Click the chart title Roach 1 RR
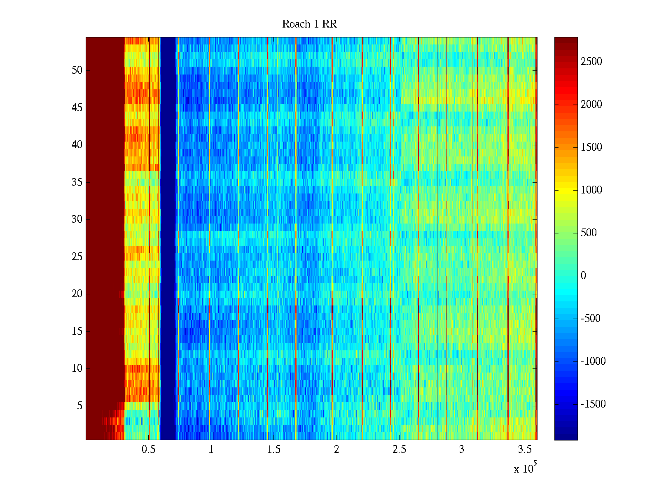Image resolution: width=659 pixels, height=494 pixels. (309, 24)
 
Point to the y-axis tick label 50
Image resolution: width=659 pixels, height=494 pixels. (77, 70)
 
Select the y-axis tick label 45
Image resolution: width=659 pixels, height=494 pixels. (77, 108)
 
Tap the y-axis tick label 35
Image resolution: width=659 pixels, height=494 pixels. (77, 182)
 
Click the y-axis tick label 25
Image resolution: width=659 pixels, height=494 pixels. (77, 257)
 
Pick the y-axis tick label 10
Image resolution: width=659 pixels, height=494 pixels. (77, 368)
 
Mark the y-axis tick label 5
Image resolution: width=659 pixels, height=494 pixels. (79, 406)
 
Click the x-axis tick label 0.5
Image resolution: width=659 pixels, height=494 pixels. (148, 450)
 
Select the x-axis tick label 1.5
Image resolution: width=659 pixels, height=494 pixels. (273, 450)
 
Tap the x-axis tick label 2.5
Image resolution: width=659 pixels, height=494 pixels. (399, 450)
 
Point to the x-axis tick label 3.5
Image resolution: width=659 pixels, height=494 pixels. (524, 450)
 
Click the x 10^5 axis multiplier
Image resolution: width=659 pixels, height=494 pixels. (525, 468)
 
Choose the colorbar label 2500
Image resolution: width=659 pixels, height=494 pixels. (591, 62)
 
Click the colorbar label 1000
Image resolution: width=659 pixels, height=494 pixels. (591, 190)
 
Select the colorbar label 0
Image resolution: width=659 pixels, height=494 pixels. (583, 276)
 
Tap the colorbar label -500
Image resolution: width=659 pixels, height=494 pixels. (590, 319)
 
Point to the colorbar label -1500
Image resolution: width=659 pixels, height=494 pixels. (593, 404)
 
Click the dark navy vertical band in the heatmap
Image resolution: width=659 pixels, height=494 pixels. (168, 239)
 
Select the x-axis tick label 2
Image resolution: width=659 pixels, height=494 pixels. (337, 450)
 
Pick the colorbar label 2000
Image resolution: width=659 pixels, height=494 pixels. (591, 105)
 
